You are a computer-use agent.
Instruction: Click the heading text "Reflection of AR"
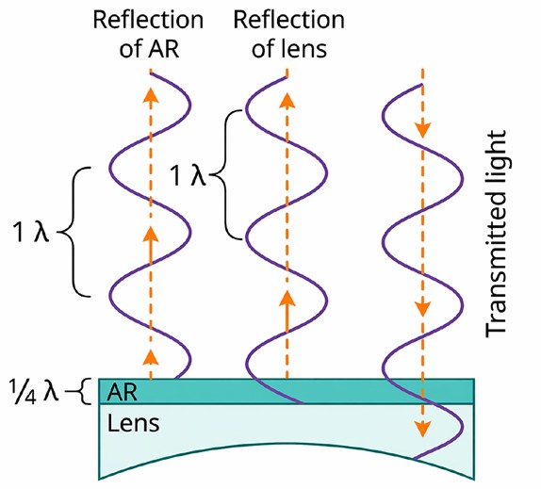coord(148,35)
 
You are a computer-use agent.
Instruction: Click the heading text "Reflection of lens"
coord(288,35)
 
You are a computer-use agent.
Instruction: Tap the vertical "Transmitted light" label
coord(496,235)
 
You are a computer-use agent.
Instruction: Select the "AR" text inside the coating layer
coord(122,392)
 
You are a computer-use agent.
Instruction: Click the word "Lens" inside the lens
coord(133,423)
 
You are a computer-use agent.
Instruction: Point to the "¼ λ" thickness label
coord(34,391)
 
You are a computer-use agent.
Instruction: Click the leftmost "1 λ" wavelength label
coord(31,232)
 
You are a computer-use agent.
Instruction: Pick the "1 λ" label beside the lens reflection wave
coord(189,176)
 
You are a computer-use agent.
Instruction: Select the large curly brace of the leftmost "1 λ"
coord(73,232)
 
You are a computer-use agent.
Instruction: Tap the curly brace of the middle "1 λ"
coord(226,174)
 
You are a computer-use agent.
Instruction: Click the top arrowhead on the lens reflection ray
coord(287,100)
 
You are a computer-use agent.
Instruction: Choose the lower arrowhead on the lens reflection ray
coord(287,299)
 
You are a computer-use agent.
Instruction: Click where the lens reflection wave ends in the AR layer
coord(303,402)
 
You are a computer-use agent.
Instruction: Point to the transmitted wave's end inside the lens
coord(415,459)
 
